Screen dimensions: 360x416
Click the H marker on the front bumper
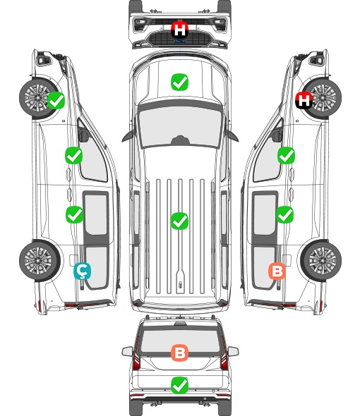point(179,30)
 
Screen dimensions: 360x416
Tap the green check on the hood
point(179,82)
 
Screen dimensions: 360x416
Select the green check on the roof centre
point(179,221)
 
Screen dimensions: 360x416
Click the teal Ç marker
point(82,271)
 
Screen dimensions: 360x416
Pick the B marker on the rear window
point(179,353)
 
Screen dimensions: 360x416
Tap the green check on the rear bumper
point(179,385)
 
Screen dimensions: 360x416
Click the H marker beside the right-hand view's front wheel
point(304,100)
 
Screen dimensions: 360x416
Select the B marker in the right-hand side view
point(277,271)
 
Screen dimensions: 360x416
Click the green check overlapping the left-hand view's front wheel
point(56,100)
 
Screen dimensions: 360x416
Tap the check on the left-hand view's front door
point(73,155)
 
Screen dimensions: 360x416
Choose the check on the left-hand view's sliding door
point(74,214)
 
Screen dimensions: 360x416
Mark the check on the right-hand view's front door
point(286,155)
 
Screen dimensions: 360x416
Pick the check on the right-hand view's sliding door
point(285,214)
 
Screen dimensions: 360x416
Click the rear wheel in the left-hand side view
point(40,261)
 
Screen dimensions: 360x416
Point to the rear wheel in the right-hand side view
point(321,261)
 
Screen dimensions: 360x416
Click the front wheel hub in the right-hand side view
point(323,97)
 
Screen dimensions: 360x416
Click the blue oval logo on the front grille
point(179,41)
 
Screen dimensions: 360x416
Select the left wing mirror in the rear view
point(127,351)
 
